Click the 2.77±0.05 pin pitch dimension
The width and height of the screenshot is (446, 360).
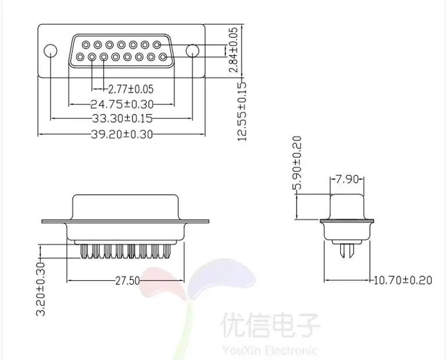(x=131, y=89)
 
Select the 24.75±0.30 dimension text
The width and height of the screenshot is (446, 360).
(x=122, y=105)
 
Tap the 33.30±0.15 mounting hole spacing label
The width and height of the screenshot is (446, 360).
(x=122, y=118)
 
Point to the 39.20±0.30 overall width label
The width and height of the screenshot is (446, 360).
(x=122, y=134)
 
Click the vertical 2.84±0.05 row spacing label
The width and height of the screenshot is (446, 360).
(x=233, y=50)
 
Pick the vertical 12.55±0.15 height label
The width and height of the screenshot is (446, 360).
(x=242, y=111)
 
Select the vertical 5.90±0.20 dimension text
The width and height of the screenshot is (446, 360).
(x=297, y=163)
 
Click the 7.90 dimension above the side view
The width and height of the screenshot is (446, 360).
(x=347, y=179)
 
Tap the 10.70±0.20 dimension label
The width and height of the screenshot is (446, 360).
(x=402, y=280)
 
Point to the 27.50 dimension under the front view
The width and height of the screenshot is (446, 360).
(x=127, y=281)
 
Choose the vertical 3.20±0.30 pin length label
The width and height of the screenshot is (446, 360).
(x=41, y=289)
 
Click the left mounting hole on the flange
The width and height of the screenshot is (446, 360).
(x=51, y=51)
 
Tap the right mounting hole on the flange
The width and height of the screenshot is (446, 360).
(x=192, y=51)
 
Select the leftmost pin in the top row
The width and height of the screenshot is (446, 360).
(x=86, y=45)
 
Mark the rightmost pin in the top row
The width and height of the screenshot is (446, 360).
(x=157, y=45)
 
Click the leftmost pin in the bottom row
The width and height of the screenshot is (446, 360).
(x=80, y=57)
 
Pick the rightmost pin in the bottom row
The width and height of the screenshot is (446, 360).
(x=163, y=57)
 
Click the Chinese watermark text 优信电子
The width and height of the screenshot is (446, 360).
(x=270, y=325)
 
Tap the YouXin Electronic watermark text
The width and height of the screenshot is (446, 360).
(x=269, y=350)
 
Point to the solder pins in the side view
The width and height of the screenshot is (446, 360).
(x=347, y=251)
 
